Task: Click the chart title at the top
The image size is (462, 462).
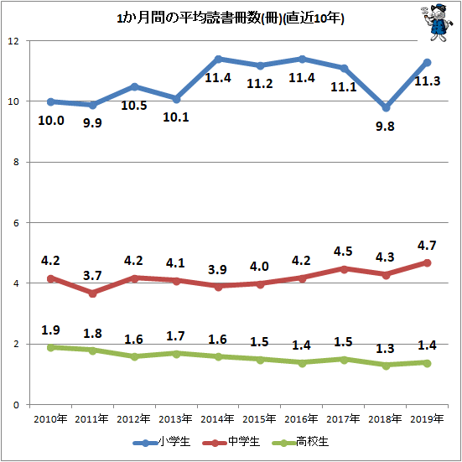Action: [231, 19]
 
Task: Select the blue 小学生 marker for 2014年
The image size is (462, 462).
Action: [218, 60]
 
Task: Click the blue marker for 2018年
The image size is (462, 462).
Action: [386, 108]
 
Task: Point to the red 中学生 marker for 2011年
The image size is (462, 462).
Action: [92, 293]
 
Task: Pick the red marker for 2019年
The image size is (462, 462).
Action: [428, 262]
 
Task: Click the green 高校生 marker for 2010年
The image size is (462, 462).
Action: [50, 348]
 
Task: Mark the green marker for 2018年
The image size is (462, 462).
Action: [386, 366]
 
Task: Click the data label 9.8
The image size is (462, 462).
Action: [385, 127]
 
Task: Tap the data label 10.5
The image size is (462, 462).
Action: [134, 106]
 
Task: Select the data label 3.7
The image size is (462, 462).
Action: [92, 276]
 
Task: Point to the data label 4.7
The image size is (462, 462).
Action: [427, 246]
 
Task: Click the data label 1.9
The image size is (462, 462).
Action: [50, 330]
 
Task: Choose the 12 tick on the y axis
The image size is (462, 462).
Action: [13, 41]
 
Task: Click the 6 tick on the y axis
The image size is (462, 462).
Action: [16, 223]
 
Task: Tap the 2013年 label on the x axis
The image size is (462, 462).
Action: [175, 418]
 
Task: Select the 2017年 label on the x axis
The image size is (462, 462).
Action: [343, 418]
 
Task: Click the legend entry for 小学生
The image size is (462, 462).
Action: [162, 442]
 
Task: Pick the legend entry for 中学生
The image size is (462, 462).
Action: [231, 442]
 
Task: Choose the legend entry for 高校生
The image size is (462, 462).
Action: [300, 442]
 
